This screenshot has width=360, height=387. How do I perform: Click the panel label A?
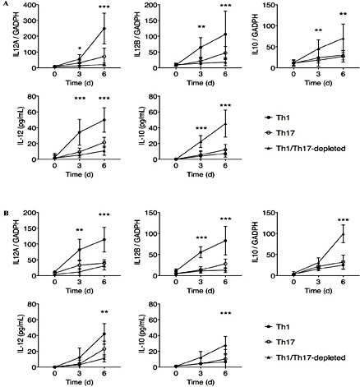pos(5,6)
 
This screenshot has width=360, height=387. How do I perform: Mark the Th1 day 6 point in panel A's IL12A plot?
pos(104,29)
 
